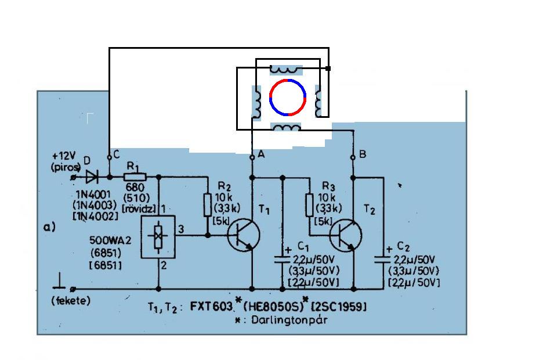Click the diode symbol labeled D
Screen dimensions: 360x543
coord(92,175)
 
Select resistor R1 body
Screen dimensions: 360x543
coord(135,175)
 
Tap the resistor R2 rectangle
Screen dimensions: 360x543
coord(208,204)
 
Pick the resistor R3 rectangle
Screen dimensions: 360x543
coord(309,204)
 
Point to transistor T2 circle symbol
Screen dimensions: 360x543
coord(346,235)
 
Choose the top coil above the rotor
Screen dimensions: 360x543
coord(285,69)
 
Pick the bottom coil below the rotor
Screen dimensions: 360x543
coord(287,128)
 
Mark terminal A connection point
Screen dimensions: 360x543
coord(252,158)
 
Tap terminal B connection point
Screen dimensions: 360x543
coord(353,158)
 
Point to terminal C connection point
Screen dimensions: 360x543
coord(109,157)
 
